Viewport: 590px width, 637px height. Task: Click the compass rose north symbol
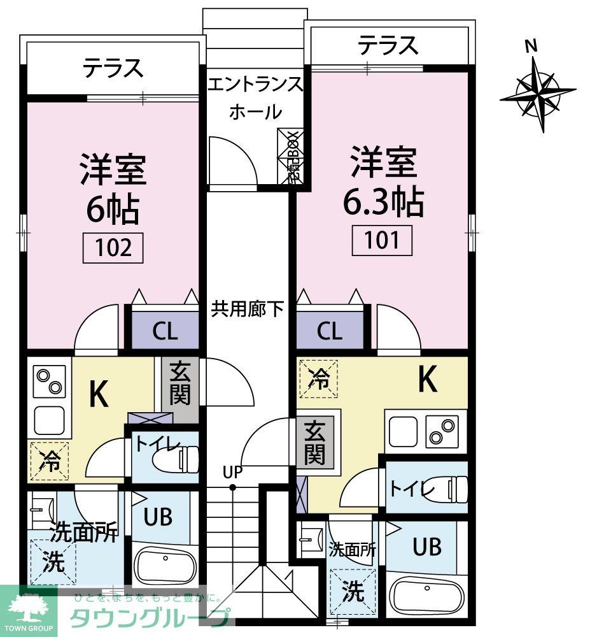538,94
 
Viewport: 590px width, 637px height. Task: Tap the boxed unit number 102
113,247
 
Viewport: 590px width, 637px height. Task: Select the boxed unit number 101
383,240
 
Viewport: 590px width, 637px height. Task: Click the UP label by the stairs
232,472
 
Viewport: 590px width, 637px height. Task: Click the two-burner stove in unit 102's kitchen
49,382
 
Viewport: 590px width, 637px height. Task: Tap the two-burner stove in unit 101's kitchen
443,431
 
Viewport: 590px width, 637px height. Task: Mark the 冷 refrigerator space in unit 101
318,378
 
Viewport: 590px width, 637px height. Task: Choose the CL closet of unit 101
330,331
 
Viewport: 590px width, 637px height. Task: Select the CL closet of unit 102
165,331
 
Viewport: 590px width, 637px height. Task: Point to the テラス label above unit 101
388,45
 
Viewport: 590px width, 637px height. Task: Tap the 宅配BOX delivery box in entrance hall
293,157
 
